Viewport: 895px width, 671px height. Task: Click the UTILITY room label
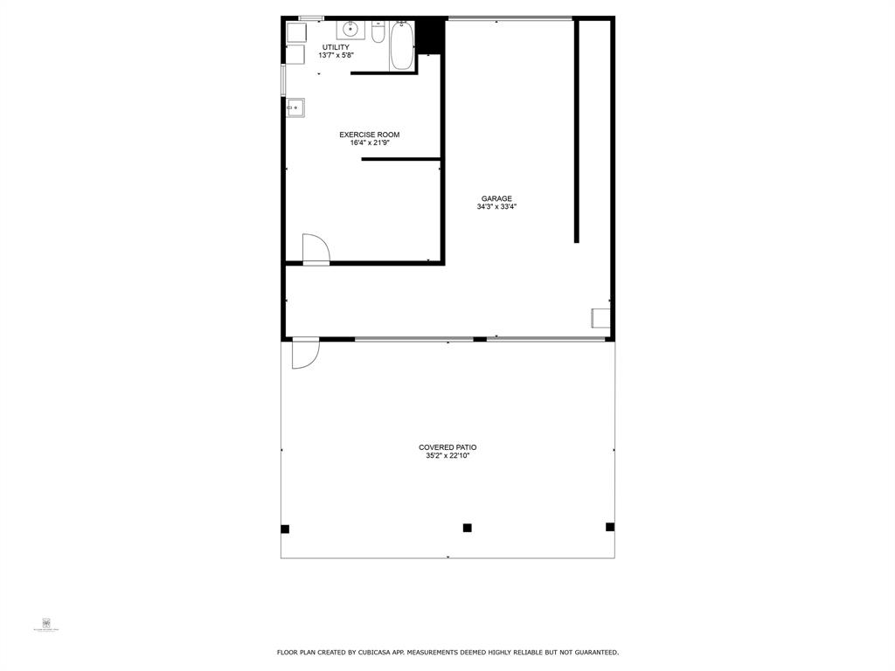pos(336,47)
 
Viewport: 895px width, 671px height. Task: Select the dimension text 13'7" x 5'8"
pos(336,55)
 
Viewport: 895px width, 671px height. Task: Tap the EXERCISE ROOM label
pos(370,135)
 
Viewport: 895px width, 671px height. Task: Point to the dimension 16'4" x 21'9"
pos(370,142)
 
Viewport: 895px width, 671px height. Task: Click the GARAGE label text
pos(496,198)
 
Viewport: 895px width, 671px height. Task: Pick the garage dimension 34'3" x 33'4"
pos(496,207)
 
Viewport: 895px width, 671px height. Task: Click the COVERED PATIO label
pos(447,447)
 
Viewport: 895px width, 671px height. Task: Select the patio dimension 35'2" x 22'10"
pos(447,455)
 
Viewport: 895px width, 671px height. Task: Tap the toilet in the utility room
pos(378,32)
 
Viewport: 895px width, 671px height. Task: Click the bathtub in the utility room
pos(402,46)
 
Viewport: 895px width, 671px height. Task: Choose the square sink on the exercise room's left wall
pos(295,108)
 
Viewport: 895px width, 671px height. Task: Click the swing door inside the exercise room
pos(315,249)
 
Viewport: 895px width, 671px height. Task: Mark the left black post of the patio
pos(285,529)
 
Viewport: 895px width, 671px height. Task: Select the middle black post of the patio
pos(468,528)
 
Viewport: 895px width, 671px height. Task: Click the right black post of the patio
pos(610,527)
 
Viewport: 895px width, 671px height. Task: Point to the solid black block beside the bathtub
pos(429,36)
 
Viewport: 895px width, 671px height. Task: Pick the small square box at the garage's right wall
pos(600,317)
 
